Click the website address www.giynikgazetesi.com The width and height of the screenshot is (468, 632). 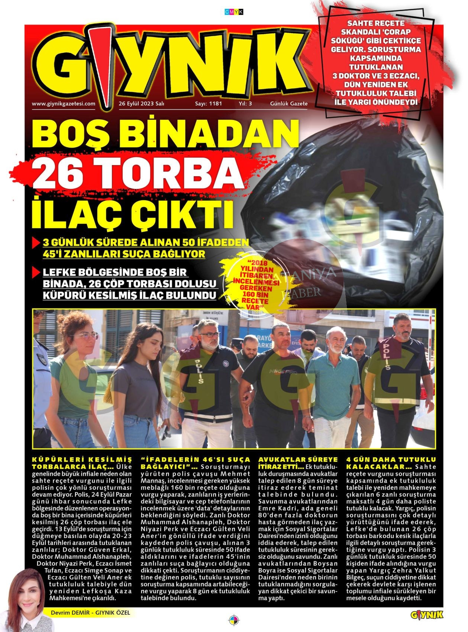click(x=64, y=104)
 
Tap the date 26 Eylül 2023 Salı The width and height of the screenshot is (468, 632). click(x=141, y=104)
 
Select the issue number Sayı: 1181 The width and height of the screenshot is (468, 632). click(x=209, y=104)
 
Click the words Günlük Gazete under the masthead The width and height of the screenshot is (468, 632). click(x=289, y=104)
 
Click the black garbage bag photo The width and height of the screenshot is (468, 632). click(x=346, y=208)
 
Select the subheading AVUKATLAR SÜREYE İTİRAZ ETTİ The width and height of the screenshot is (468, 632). click(x=298, y=463)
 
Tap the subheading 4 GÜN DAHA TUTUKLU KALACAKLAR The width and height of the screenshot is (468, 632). click(x=391, y=463)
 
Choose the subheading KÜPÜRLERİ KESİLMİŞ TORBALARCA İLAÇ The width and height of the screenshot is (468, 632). click(x=82, y=463)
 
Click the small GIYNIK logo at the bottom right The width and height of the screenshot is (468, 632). click(x=427, y=615)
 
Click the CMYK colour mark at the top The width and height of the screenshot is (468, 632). click(x=234, y=12)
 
